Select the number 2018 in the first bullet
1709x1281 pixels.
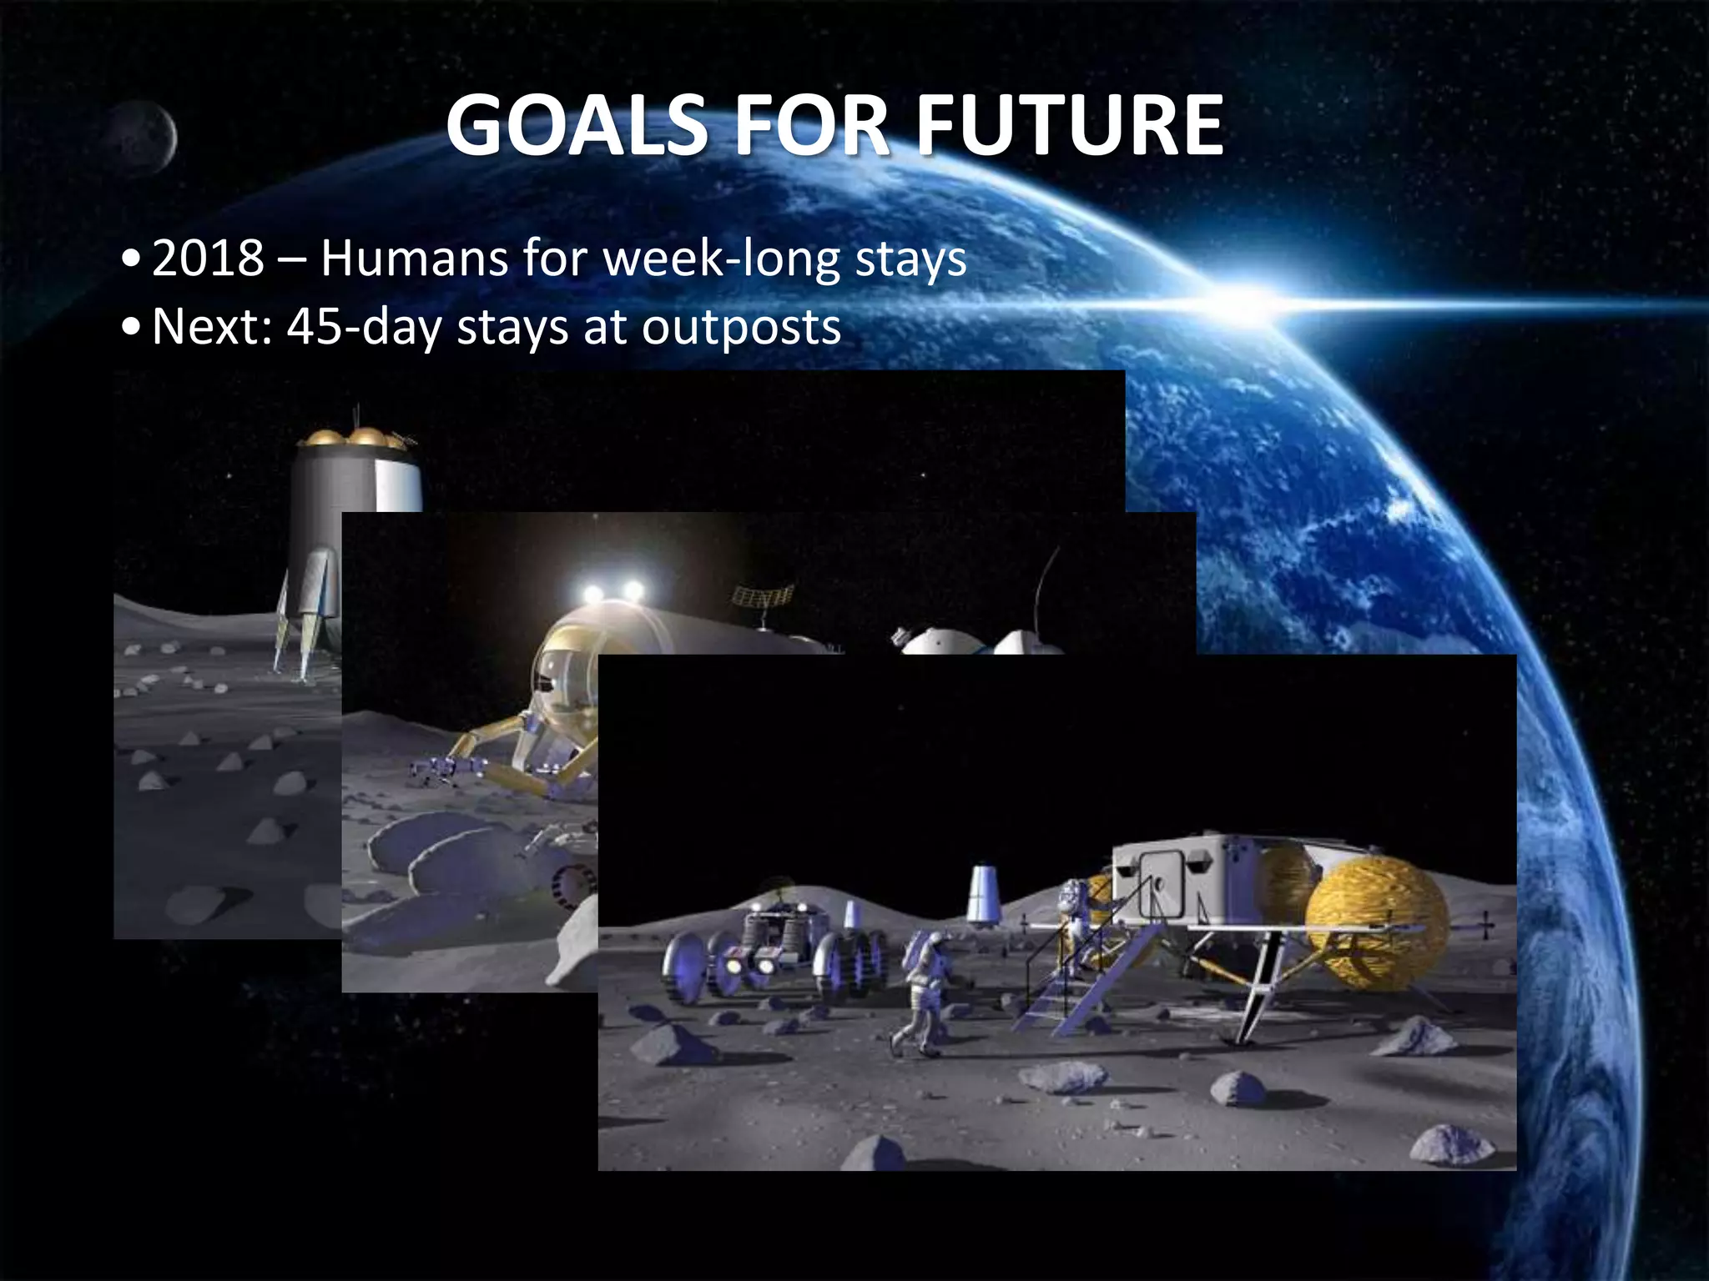pyautogui.click(x=208, y=258)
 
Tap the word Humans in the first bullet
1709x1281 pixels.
pyautogui.click(x=414, y=258)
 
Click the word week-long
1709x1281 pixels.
pyautogui.click(x=723, y=258)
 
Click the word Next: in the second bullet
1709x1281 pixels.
pyautogui.click(x=212, y=326)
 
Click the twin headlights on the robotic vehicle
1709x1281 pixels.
pyautogui.click(x=613, y=593)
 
